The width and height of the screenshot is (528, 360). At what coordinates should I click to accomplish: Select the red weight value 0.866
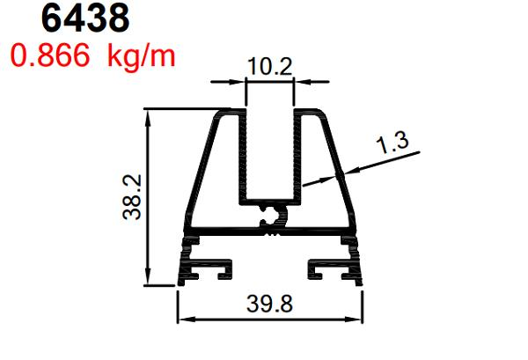49,55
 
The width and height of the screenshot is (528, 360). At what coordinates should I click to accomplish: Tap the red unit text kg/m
141,55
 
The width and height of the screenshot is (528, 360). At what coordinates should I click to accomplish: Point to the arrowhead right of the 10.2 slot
304,83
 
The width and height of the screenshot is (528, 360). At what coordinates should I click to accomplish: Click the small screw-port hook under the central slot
274,217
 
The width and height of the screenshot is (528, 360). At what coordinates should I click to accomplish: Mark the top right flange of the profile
317,113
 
